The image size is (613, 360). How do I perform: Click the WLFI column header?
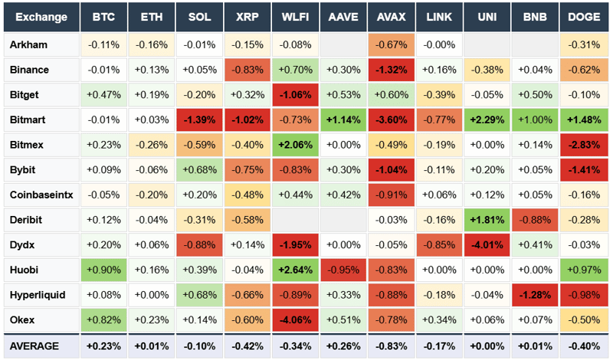click(x=295, y=17)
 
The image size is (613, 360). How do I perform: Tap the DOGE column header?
click(x=583, y=17)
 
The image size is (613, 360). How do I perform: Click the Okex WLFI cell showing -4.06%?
click(x=295, y=319)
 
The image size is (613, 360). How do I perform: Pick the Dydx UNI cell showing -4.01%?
click(x=487, y=244)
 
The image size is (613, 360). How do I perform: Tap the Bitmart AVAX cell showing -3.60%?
click(x=391, y=119)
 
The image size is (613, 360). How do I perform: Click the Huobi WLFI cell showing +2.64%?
click(x=295, y=270)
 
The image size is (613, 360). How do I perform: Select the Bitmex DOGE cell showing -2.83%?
click(x=583, y=145)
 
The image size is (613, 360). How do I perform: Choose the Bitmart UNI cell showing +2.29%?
click(x=487, y=119)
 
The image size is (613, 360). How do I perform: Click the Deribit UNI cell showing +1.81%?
click(x=487, y=220)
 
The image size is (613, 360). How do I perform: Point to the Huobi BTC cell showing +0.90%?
click(x=103, y=270)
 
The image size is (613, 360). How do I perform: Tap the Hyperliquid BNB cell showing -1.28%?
click(x=535, y=294)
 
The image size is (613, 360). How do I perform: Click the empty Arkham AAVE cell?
click(x=343, y=44)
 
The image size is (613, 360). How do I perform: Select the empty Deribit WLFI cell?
click(x=295, y=220)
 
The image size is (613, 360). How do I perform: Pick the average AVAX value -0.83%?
click(x=391, y=346)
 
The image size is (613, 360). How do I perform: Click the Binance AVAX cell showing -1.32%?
click(x=391, y=70)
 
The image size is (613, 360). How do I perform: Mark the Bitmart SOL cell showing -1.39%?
click(x=199, y=119)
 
